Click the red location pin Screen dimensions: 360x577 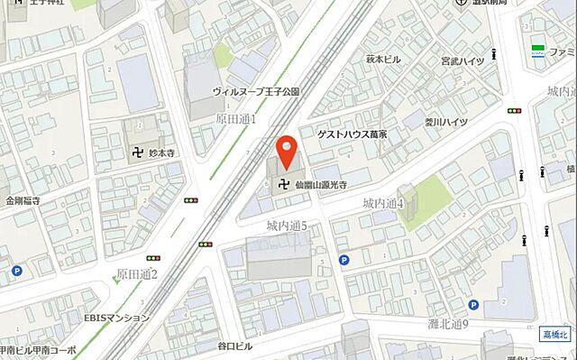pyautogui.click(x=287, y=152)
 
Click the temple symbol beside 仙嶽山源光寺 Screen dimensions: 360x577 pyautogui.click(x=286, y=184)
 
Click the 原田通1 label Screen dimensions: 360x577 pyautogui.click(x=236, y=119)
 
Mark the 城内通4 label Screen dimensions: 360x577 pyautogui.click(x=383, y=204)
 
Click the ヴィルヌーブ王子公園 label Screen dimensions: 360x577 pyautogui.click(x=255, y=92)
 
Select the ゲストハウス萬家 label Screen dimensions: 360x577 pyautogui.click(x=353, y=134)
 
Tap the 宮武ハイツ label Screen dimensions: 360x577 pyautogui.click(x=463, y=61)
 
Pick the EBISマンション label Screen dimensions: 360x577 pyautogui.click(x=119, y=318)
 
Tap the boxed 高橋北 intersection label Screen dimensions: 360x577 pyautogui.click(x=556, y=335)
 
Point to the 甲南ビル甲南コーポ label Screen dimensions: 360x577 pyautogui.click(x=38, y=351)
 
